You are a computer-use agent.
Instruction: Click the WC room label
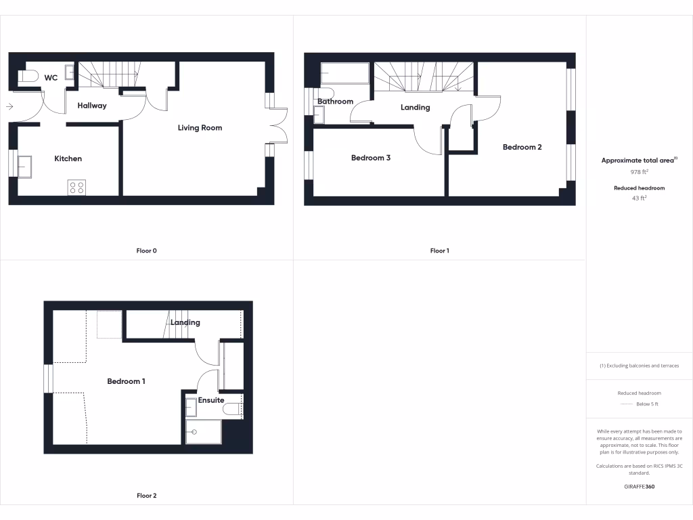pos(51,78)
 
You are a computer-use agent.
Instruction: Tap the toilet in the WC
pos(27,77)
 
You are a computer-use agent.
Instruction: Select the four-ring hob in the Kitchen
pos(76,188)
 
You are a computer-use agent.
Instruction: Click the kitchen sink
pos(24,166)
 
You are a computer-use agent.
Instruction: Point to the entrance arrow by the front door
pos(9,106)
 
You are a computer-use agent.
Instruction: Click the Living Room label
pos(200,127)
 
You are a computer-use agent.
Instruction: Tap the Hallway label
pos(92,106)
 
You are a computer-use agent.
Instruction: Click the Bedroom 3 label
pos(371,158)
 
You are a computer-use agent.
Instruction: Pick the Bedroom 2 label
pos(522,147)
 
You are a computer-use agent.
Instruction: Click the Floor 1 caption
pos(439,251)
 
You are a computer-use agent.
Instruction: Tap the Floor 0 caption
pos(146,251)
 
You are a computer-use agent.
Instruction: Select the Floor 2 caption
pos(146,496)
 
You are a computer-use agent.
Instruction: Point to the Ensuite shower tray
pos(203,431)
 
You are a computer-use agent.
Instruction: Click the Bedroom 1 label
pos(126,381)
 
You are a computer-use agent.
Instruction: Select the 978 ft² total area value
pos(640,172)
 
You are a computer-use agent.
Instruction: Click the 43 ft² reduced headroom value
pos(640,198)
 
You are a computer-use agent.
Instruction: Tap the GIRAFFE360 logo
pos(640,486)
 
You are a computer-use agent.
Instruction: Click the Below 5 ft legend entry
pos(646,404)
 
